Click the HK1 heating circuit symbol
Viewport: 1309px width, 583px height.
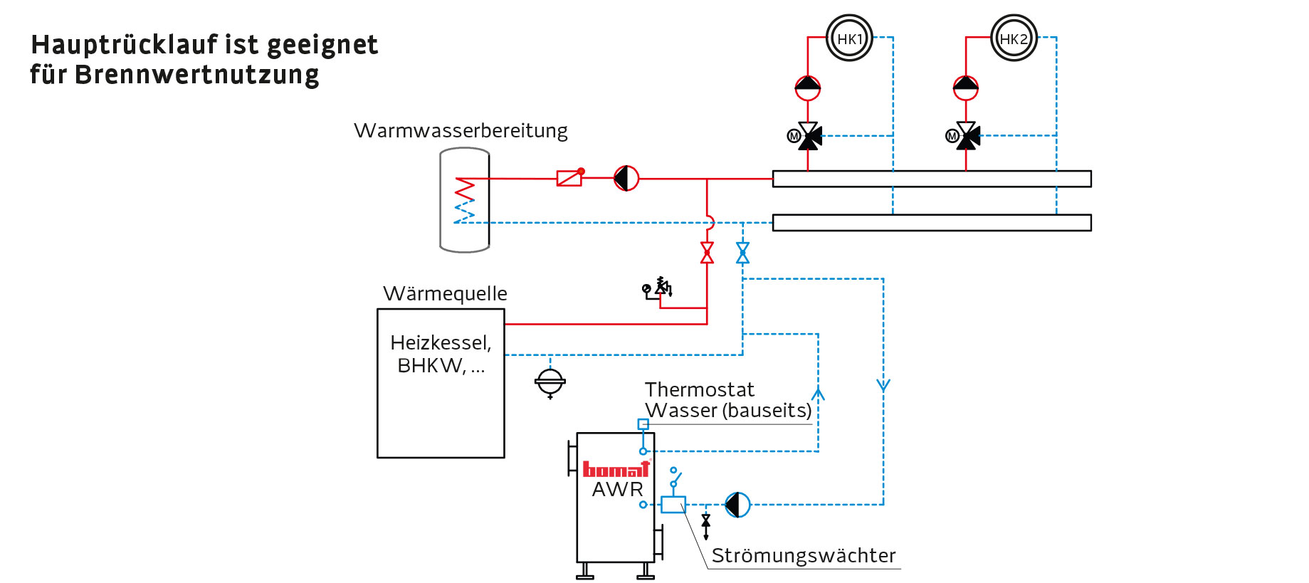point(849,38)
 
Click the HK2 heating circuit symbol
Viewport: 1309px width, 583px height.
point(1014,38)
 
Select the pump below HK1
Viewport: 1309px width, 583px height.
point(808,88)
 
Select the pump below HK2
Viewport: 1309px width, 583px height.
point(966,88)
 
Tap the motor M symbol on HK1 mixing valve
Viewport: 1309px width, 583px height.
point(794,136)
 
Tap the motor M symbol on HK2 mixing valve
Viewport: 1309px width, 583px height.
point(952,136)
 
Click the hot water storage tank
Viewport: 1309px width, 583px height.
point(465,200)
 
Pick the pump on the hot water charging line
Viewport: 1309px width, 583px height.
point(626,178)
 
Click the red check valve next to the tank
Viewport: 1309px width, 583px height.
point(569,177)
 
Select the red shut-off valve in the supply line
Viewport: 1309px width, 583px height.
point(707,253)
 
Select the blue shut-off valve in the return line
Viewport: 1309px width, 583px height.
point(742,253)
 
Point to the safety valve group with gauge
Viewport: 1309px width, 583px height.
point(658,288)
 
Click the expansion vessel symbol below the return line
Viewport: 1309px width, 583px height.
point(550,382)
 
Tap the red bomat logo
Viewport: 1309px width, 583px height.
point(616,469)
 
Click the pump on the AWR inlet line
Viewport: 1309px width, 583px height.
point(737,505)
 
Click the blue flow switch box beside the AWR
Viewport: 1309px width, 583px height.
point(673,505)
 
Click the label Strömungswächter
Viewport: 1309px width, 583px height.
point(804,555)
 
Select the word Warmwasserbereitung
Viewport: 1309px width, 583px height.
point(461,131)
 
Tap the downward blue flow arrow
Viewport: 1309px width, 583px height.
point(883,386)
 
